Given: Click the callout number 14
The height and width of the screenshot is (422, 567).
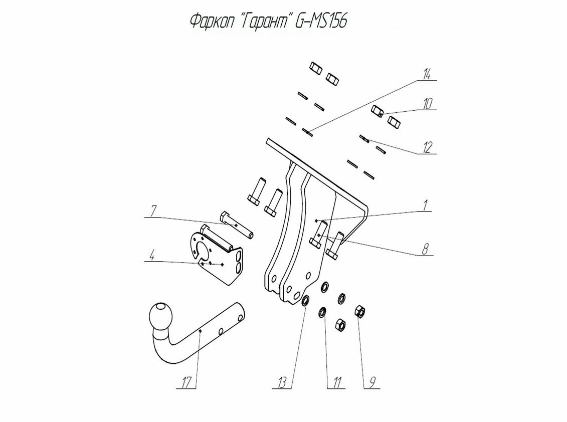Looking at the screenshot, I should [x=426, y=75].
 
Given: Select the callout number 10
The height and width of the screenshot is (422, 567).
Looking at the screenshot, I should [x=427, y=104].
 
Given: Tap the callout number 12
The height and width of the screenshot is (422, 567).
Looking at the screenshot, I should [x=427, y=147].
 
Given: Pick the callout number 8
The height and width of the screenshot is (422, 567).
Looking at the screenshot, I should [x=425, y=249].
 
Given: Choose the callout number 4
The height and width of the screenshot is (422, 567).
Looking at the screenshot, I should [x=151, y=256].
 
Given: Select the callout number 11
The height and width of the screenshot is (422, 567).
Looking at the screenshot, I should [x=335, y=382].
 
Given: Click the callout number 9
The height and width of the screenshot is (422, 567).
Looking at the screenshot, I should [x=371, y=382].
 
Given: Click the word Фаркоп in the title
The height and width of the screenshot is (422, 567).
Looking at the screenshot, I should [x=211, y=22].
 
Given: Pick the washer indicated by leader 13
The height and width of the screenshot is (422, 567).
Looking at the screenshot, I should [x=304, y=301].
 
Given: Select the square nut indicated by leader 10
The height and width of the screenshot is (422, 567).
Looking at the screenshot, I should [x=379, y=111].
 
